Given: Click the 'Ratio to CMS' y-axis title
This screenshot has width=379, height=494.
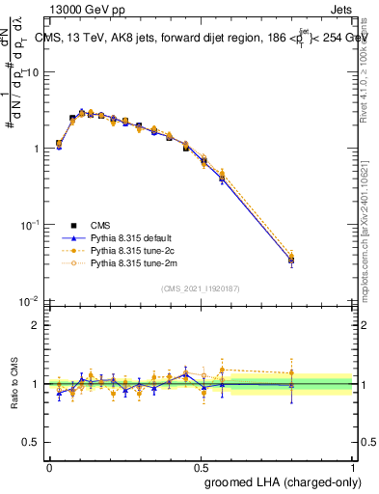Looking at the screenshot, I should (14, 383).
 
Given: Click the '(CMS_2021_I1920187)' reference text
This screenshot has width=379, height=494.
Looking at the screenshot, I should (201, 288).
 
